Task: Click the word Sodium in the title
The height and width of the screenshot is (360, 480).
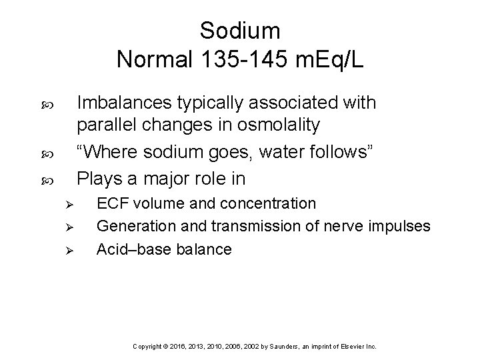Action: (x=240, y=31)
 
